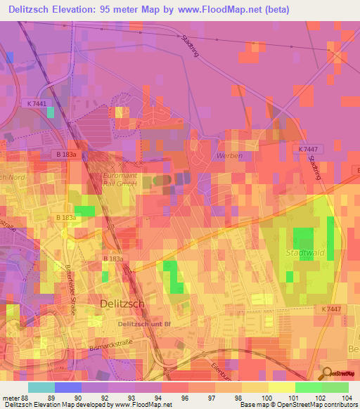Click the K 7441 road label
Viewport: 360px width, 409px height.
coord(37,103)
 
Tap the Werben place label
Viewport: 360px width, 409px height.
coord(230,155)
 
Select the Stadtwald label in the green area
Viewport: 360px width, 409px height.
coord(302,252)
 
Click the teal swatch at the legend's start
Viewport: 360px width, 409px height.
coord(41,387)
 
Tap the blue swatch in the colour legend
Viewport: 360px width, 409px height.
coord(68,387)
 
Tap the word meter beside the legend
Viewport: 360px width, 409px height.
coord(11,397)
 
